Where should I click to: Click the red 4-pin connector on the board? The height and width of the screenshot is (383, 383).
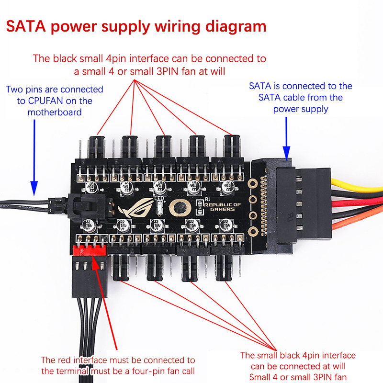89,251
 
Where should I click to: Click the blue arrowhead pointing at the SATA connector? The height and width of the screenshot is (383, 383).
287,152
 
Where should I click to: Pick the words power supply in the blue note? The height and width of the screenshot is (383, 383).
301,109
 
